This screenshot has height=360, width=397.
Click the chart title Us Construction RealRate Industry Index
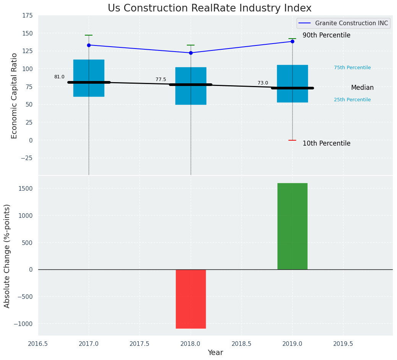[209, 8]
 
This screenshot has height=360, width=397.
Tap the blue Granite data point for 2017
[89, 45]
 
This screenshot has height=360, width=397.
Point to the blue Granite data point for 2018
[191, 53]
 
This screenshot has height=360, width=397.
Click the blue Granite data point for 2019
[292, 41]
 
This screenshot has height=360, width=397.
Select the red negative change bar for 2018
[191, 299]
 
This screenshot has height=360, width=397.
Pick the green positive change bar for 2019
[292, 226]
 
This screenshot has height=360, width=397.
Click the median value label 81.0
[59, 77]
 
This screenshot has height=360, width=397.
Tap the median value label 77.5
[161, 79]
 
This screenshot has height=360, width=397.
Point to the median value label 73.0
[263, 83]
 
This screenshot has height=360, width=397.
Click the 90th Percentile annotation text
[326, 35]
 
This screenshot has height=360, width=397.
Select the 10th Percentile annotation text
[326, 143]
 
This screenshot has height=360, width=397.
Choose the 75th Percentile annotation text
[352, 68]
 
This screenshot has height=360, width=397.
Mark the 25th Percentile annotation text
[352, 100]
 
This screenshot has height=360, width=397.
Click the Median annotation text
[362, 88]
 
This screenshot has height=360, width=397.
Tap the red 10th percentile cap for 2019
[292, 140]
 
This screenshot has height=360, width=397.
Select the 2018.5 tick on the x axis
[241, 344]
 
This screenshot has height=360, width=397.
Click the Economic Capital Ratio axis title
[15, 96]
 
